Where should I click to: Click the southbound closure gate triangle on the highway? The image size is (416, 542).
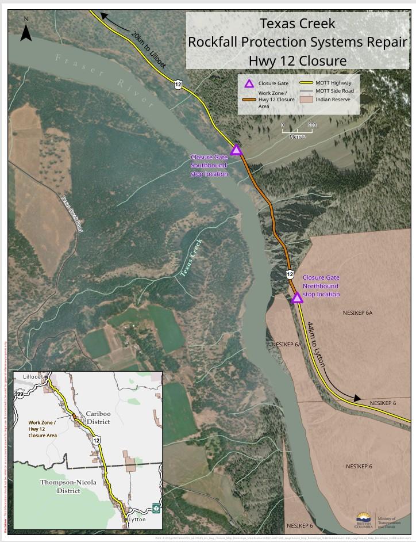tap(236, 150)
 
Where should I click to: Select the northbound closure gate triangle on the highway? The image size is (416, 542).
tap(297, 297)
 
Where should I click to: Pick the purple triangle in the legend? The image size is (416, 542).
tap(249, 83)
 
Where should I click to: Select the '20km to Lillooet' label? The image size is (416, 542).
tap(148, 50)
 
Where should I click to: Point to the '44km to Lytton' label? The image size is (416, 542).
tap(317, 345)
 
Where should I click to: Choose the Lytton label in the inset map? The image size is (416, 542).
tap(137, 519)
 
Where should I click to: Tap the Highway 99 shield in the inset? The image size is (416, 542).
tap(21, 394)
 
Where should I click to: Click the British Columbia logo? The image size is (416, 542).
tap(363, 520)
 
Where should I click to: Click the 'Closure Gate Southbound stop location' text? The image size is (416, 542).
tap(210, 166)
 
